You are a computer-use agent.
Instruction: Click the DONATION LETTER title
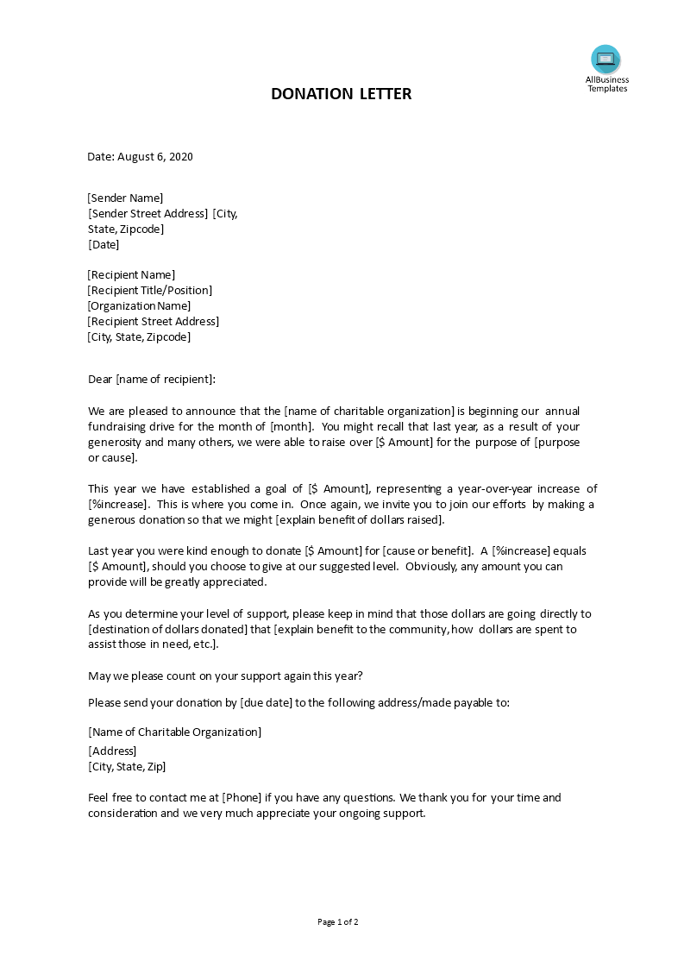click(x=341, y=93)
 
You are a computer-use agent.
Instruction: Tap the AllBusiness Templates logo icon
click(x=606, y=59)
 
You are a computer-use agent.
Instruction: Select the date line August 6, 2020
click(x=140, y=156)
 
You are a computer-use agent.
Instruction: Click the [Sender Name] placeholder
click(x=126, y=198)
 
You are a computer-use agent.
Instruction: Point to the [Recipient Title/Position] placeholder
click(x=150, y=290)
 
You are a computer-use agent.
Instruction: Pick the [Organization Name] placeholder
click(x=140, y=305)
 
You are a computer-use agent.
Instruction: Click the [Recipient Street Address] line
click(x=154, y=321)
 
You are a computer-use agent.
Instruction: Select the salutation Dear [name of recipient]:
click(x=152, y=379)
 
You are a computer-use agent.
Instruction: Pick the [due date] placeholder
click(x=266, y=702)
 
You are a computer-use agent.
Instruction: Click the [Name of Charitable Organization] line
click(x=175, y=732)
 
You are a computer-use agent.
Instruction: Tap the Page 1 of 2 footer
click(x=338, y=921)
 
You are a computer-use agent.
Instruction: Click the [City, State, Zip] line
click(x=127, y=766)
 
